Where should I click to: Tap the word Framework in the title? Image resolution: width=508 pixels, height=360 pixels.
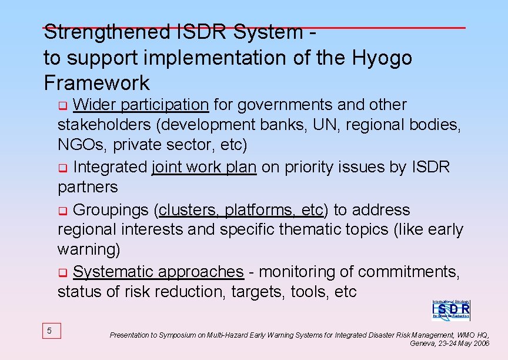(x=96, y=83)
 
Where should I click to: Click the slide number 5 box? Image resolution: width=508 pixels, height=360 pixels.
(x=49, y=331)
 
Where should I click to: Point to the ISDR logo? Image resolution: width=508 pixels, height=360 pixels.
(x=451, y=309)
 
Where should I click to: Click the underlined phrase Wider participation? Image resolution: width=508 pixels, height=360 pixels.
(x=141, y=105)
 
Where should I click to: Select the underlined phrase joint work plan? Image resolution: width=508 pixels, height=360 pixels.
(x=204, y=167)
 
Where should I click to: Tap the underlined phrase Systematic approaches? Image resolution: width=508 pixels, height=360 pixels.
(x=158, y=272)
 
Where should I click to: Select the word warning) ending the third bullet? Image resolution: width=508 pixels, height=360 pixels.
(x=89, y=249)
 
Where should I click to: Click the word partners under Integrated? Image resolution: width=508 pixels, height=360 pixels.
(x=88, y=187)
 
